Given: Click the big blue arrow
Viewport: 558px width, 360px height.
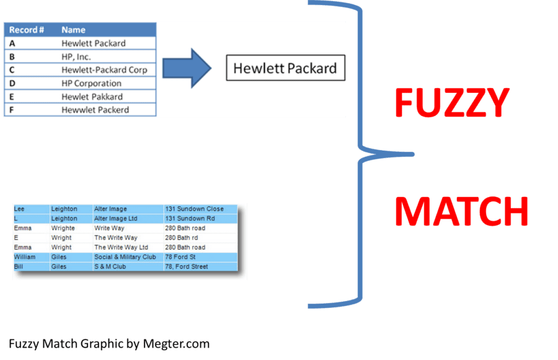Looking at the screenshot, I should [187, 68].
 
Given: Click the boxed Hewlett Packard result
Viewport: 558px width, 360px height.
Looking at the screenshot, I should [285, 68].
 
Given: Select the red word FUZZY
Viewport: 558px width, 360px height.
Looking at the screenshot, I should [452, 103].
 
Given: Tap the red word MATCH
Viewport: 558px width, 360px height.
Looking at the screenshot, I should [461, 212].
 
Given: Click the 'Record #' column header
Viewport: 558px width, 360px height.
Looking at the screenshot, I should [27, 30].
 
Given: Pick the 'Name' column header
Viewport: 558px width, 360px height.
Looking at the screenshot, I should [73, 30].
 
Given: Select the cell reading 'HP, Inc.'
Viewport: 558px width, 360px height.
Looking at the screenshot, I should [76, 56].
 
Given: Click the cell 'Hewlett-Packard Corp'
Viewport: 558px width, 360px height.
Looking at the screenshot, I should [104, 70].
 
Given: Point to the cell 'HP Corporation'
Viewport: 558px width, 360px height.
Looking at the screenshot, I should [91, 83].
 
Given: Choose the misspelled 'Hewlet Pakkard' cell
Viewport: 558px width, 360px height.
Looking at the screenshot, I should [92, 97].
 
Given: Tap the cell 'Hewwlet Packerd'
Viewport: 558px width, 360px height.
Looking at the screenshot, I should [95, 110].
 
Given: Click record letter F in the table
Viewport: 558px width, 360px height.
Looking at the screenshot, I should [12, 110].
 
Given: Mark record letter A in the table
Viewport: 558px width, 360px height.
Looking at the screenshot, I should [12, 43].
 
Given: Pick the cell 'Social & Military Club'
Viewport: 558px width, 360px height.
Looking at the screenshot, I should [125, 257].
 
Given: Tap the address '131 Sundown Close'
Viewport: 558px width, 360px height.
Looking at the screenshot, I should [194, 209].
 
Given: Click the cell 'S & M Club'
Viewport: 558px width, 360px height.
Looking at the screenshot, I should [110, 266].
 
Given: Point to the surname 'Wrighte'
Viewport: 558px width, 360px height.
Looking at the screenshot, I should [63, 228].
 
